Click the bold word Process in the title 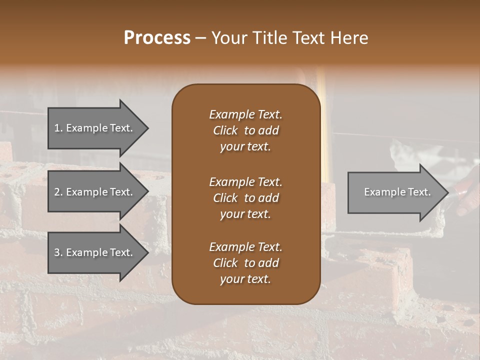click(x=157, y=38)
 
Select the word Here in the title click(x=349, y=38)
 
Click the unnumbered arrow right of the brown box click(x=395, y=192)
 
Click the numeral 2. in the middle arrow click(x=58, y=192)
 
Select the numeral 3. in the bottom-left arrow click(x=58, y=252)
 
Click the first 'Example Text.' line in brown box click(x=245, y=114)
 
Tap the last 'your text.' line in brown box click(x=245, y=279)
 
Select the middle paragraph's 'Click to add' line click(x=245, y=198)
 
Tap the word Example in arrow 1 click(x=86, y=128)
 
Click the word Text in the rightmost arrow click(x=419, y=192)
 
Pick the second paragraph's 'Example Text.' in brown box click(x=245, y=182)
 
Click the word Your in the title click(x=228, y=38)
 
